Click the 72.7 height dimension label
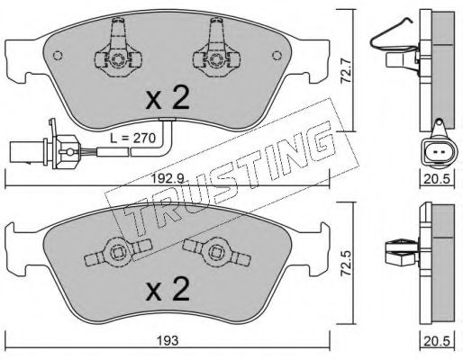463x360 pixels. [x=347, y=71]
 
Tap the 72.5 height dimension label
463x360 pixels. [x=347, y=263]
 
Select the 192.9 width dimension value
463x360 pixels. [x=167, y=179]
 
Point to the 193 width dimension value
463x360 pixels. [x=168, y=340]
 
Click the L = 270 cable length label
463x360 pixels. [x=132, y=138]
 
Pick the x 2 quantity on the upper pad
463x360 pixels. [x=168, y=97]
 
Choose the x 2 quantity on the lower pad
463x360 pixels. [x=168, y=289]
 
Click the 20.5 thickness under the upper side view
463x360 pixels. [x=438, y=179]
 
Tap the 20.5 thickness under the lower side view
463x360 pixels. [x=438, y=341]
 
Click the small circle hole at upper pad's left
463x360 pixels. [x=58, y=56]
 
